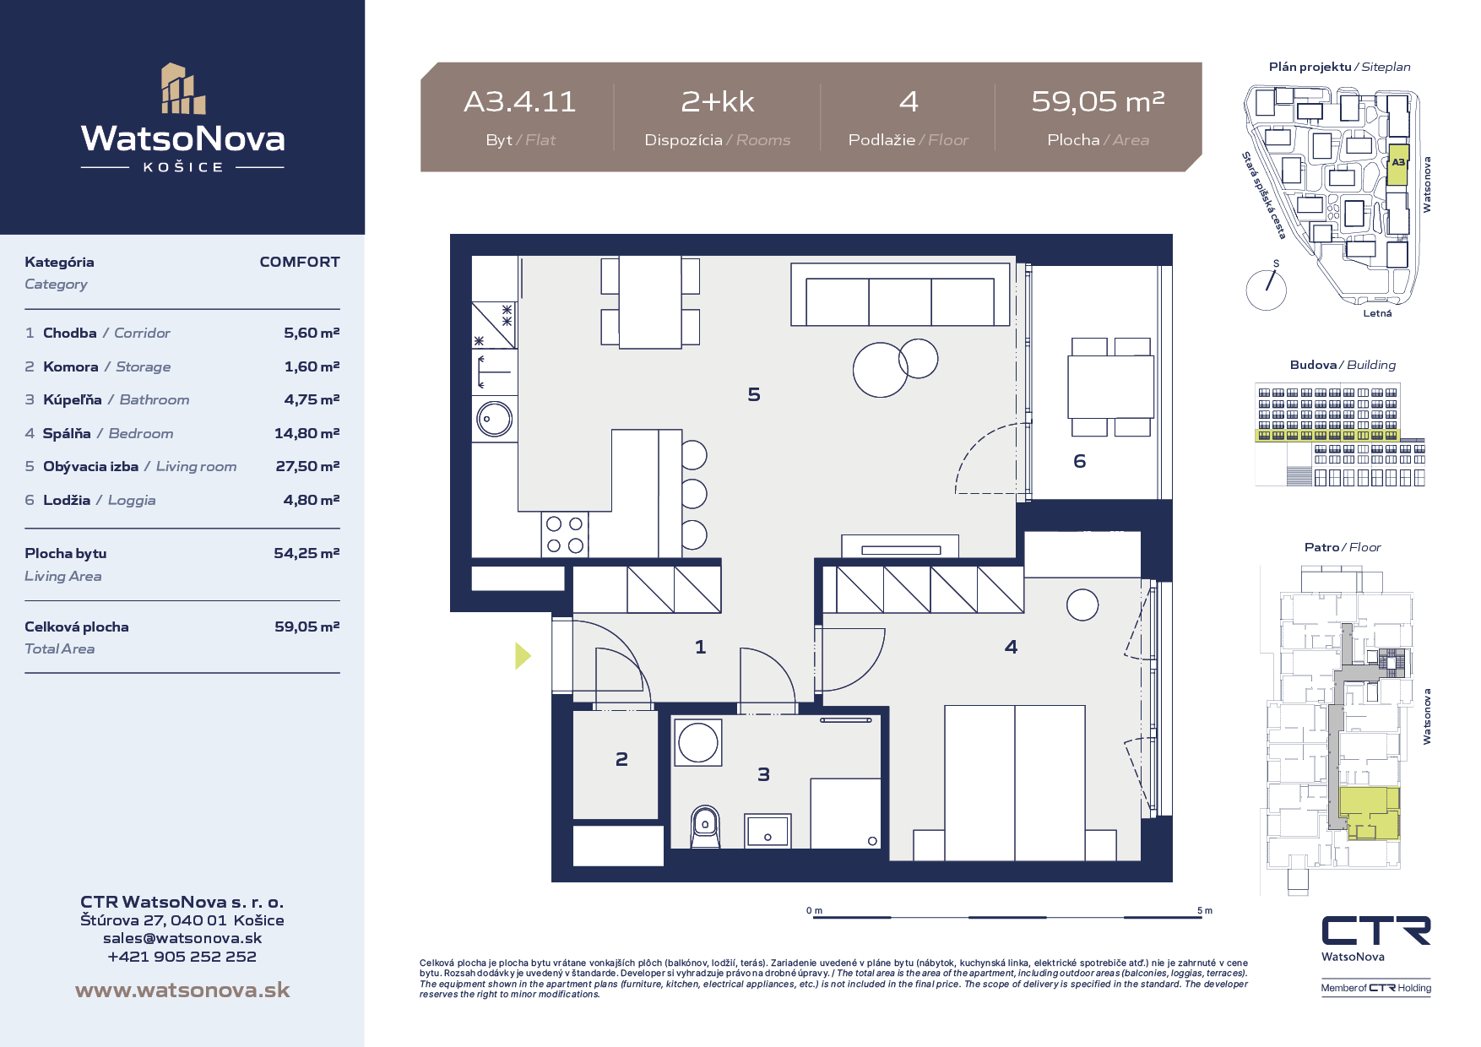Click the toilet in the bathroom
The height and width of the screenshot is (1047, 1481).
point(705,827)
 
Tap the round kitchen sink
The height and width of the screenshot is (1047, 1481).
point(494,419)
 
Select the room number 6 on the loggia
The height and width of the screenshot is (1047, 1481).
point(1079,461)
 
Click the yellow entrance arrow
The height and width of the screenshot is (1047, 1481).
point(524,655)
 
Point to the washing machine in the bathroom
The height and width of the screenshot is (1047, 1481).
point(697,743)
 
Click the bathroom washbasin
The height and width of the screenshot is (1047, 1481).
point(768,831)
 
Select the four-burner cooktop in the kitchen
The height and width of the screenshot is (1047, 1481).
point(565,534)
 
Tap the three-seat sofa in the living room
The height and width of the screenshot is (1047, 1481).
point(900,295)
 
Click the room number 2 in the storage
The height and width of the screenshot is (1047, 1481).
point(621,759)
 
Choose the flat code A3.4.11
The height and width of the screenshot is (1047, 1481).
point(520,102)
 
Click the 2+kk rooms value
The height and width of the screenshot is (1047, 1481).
point(718,102)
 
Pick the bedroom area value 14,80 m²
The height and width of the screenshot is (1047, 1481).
point(307,433)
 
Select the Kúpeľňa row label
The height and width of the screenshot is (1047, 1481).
point(73,399)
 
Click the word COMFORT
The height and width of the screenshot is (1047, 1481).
point(300,262)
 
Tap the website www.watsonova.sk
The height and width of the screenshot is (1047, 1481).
point(182,990)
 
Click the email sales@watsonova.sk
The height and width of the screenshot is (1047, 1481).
point(182,938)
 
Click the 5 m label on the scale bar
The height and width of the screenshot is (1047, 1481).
point(1205,910)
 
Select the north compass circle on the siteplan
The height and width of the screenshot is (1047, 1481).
point(1266,290)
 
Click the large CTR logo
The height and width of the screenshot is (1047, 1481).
point(1376,930)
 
